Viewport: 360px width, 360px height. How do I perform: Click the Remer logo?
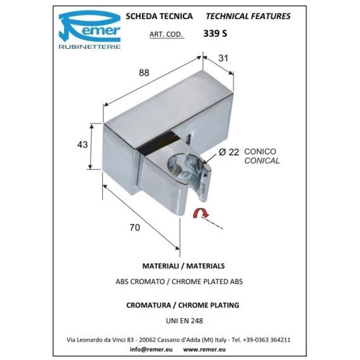coord(89,29)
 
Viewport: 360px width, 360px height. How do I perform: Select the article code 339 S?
coord(215,34)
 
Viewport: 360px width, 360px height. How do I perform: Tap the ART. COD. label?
coord(166,34)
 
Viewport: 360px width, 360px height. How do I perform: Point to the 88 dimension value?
coord(144,73)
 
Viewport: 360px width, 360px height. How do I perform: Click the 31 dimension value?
coord(223,58)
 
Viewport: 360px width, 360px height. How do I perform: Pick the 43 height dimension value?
coord(82,145)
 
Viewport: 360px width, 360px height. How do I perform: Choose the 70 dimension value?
coord(134,228)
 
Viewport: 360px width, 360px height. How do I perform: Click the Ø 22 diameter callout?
coord(229,152)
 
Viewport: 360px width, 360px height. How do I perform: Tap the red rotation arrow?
coord(201,212)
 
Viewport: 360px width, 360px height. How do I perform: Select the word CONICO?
coord(260,151)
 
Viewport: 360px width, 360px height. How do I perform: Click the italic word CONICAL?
coord(262,161)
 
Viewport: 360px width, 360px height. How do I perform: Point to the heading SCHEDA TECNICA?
coord(159,16)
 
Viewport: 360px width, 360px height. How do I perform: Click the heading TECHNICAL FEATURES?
coord(248,16)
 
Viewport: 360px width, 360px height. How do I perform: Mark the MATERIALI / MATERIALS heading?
coord(183,266)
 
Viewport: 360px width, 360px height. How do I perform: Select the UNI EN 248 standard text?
coord(184,321)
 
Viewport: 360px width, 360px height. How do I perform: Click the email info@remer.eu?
coord(151,349)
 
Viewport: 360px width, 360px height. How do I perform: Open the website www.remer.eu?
coord(204,349)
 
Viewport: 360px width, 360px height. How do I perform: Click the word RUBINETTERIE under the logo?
coord(89,47)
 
